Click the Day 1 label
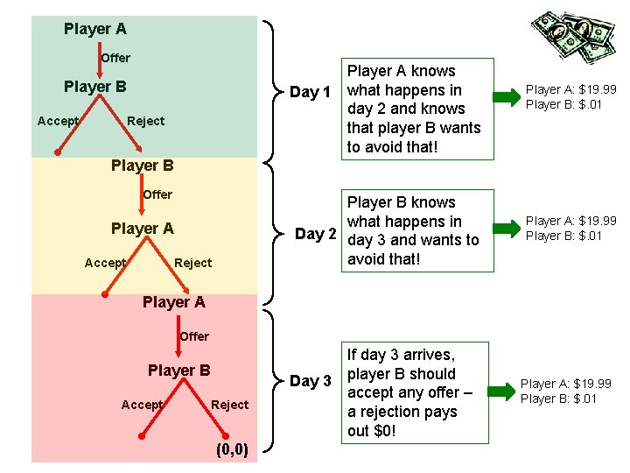[x=310, y=92]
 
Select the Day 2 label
[x=315, y=233]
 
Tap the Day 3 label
[x=310, y=381]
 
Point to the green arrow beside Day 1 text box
[x=507, y=95]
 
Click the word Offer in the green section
[x=115, y=58]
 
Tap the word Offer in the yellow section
[x=157, y=194]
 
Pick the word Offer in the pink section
[x=194, y=336]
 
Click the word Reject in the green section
[x=145, y=121]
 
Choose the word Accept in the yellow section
[x=105, y=263]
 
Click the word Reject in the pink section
[x=229, y=405]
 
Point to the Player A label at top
[x=94, y=29]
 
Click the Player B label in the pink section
[x=178, y=371]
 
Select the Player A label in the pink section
[x=173, y=302]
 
